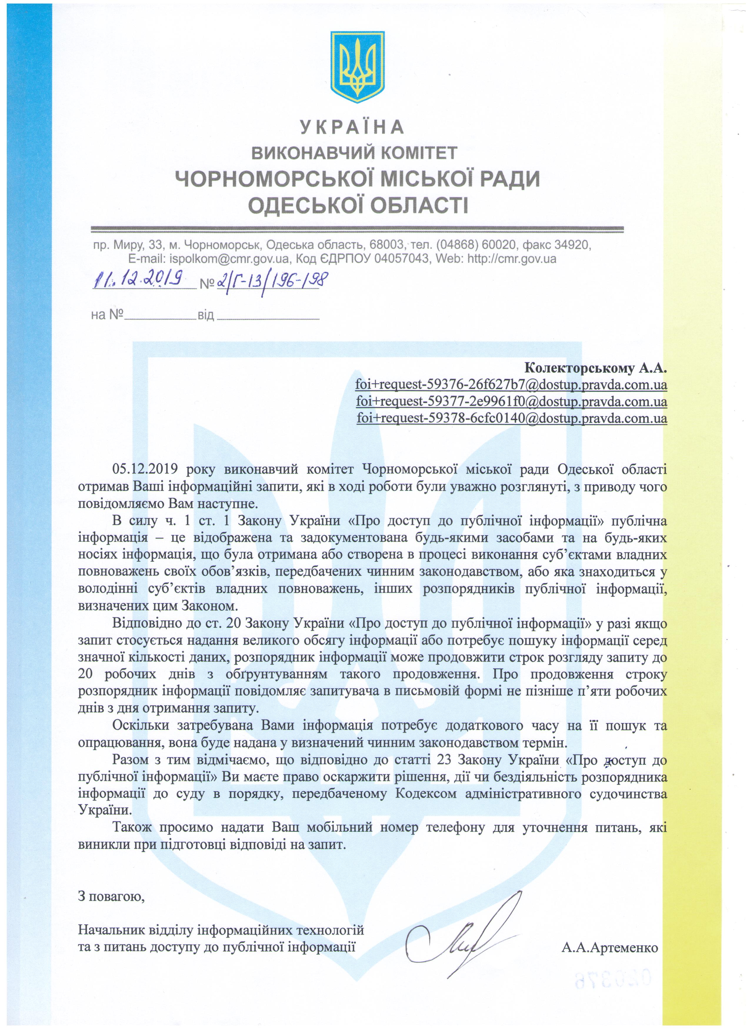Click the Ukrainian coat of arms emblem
pyautogui.click(x=358, y=67)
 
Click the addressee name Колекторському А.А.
pyautogui.click(x=596, y=368)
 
